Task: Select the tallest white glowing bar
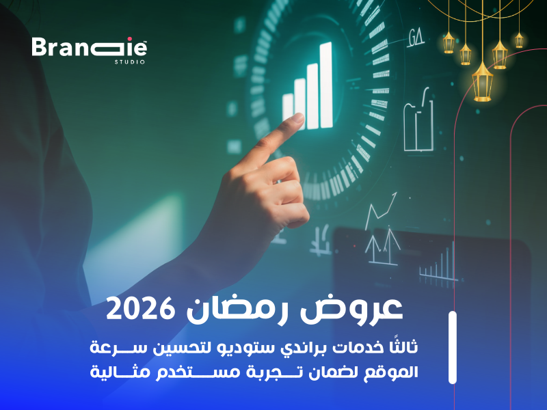coord(325,85)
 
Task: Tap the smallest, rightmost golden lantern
coord(519,39)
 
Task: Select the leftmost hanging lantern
coord(449,42)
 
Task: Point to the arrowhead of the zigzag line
coord(396,195)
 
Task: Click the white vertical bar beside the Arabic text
coord(452,347)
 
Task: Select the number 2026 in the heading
coord(137,310)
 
